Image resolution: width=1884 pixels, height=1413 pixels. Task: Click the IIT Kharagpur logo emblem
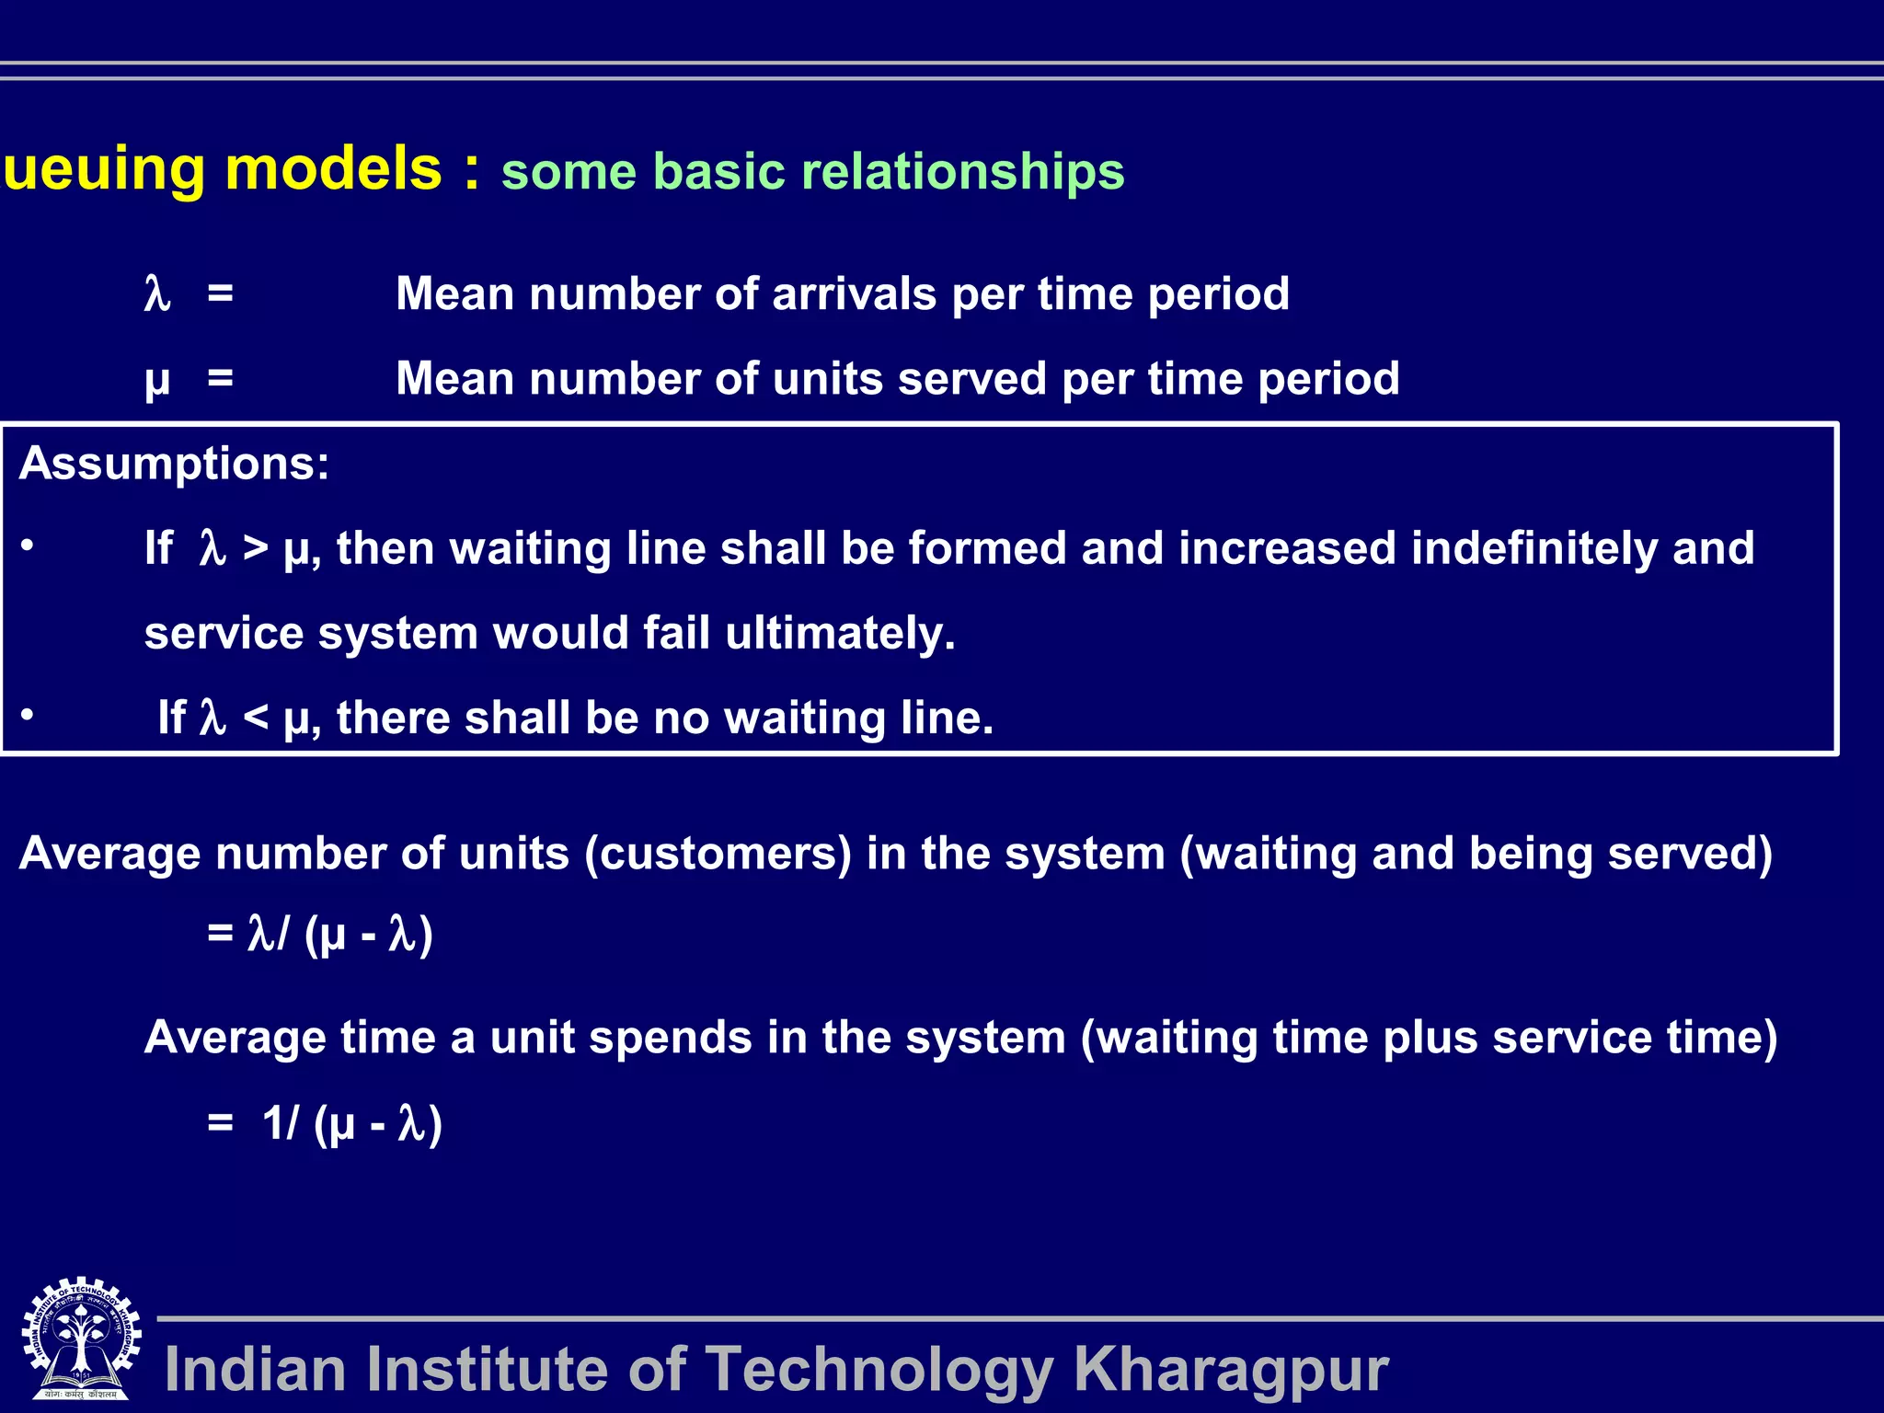coord(81,1338)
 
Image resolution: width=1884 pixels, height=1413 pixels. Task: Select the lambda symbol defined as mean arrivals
coord(157,295)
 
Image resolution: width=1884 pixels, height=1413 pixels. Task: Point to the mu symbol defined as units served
coord(157,381)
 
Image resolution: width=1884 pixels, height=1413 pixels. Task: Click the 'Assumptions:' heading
coord(174,463)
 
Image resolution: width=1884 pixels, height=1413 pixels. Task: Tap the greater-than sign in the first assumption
coord(256,548)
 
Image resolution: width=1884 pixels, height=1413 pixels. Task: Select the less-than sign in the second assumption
coord(256,718)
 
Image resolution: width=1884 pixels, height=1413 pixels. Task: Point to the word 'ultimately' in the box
coord(839,634)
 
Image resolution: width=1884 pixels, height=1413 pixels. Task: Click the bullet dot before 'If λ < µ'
coord(28,715)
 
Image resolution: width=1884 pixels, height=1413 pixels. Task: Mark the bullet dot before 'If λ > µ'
coord(28,546)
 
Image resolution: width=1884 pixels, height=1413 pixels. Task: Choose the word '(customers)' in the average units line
coord(718,854)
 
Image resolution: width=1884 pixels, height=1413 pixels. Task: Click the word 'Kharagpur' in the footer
coord(1231,1370)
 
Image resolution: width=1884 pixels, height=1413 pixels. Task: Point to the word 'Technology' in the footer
coord(878,1370)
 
